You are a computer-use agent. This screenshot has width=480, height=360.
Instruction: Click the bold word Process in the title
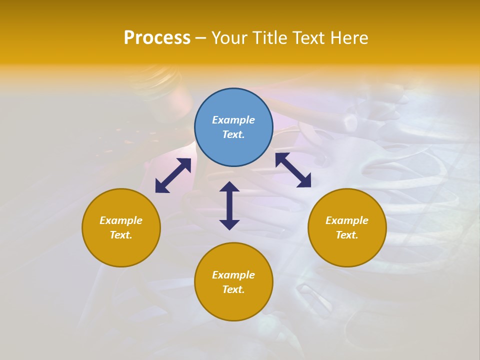pyautogui.click(x=157, y=38)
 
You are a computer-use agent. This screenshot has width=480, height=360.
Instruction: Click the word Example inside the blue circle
pyautogui.click(x=233, y=120)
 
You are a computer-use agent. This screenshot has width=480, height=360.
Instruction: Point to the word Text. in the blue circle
pyautogui.click(x=233, y=134)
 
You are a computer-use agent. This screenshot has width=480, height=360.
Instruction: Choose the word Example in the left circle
pyautogui.click(x=121, y=220)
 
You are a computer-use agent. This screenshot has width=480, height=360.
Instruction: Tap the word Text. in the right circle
pyautogui.click(x=347, y=235)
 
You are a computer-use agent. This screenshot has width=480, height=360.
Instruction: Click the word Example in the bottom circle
pyautogui.click(x=233, y=275)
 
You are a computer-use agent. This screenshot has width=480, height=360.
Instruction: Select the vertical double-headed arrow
pyautogui.click(x=229, y=205)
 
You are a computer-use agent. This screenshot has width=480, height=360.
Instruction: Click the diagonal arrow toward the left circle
pyautogui.click(x=173, y=175)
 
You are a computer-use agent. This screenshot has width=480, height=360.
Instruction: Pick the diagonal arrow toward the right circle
pyautogui.click(x=293, y=170)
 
